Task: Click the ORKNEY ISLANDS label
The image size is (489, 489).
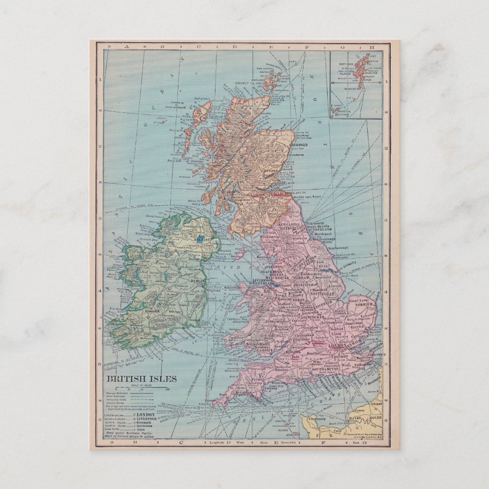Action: click(x=250, y=84)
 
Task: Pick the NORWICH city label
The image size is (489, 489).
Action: click(x=365, y=305)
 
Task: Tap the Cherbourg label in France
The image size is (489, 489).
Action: click(x=317, y=419)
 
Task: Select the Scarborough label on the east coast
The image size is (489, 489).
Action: click(x=338, y=248)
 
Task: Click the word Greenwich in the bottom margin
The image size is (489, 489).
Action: click(x=276, y=442)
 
